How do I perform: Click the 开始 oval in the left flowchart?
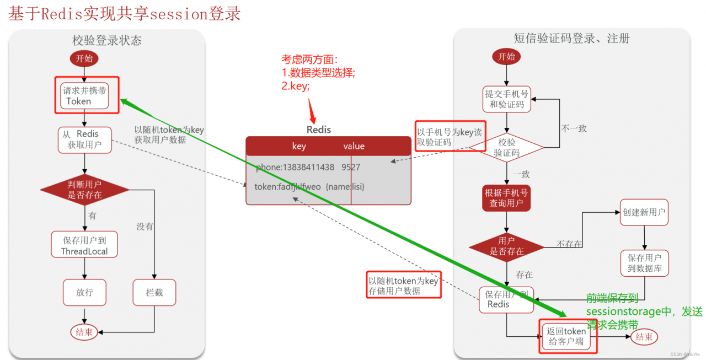click(84, 58)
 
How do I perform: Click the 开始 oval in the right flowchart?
click(506, 56)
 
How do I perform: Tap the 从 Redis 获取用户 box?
click(84, 139)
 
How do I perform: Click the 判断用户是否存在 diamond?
click(84, 190)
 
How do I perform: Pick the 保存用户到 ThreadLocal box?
click(84, 245)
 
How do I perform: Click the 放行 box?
click(84, 292)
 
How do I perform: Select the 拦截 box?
click(154, 292)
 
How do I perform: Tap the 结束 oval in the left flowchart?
click(84, 332)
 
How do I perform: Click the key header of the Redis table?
click(298, 146)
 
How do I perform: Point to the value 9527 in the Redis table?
click(350, 167)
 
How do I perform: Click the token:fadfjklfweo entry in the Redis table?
click(287, 187)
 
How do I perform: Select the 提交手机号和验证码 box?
click(506, 99)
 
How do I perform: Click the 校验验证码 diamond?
click(506, 147)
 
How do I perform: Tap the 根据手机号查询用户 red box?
click(506, 198)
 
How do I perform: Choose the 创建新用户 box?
click(644, 212)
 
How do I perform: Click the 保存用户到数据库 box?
click(644, 264)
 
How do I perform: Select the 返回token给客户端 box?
click(566, 336)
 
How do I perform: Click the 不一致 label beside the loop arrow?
click(574, 128)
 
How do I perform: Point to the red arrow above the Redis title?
click(313, 111)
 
